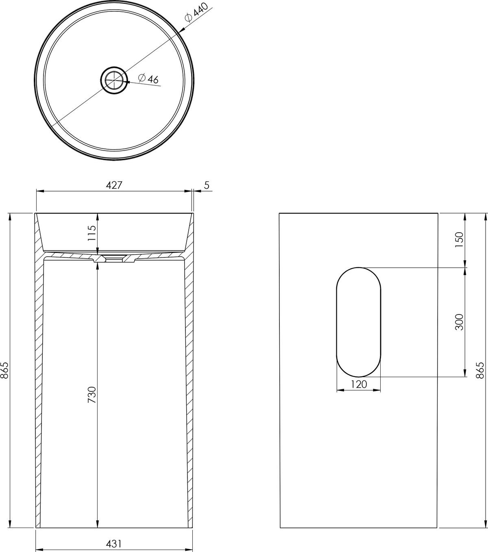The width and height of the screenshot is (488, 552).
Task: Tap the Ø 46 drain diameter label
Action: point(148,79)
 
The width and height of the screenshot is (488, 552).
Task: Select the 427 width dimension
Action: point(114,185)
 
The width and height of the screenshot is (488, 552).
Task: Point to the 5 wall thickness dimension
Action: point(207,185)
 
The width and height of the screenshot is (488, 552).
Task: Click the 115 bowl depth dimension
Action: point(92,233)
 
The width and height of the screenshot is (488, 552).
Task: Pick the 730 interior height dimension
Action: point(92,395)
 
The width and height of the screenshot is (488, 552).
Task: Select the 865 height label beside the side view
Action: point(481,370)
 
